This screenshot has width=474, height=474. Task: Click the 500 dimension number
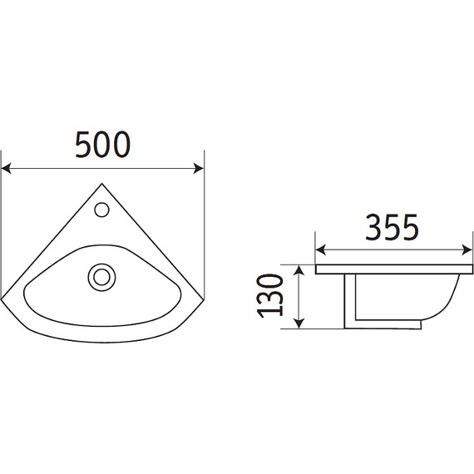(102, 145)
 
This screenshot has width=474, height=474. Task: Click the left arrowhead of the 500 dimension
(7, 169)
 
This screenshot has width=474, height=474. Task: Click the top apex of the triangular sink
(101, 184)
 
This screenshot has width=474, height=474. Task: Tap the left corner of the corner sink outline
(6, 297)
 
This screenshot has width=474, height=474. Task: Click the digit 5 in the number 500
(84, 145)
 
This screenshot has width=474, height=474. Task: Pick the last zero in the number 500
(121, 145)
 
